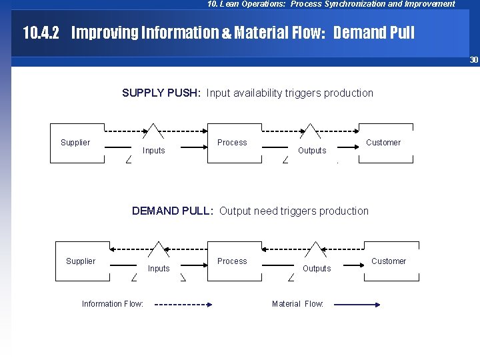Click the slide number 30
tap(474, 60)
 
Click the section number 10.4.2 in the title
tap(41, 33)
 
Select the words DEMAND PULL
tap(172, 211)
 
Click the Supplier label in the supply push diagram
tap(75, 143)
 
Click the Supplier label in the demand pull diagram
tap(81, 261)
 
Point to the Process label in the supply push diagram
tap(232, 143)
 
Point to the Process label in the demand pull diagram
tap(232, 261)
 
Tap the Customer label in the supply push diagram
tap(383, 143)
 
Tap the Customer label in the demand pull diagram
tap(389, 261)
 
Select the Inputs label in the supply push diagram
tap(154, 151)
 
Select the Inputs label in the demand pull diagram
tap(159, 269)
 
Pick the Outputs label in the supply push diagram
tap(312, 151)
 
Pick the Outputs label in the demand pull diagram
tap(317, 269)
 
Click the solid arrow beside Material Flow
tap(357, 305)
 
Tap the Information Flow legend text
tap(113, 304)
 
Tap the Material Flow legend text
tap(297, 304)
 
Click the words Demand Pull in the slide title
tap(373, 33)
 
